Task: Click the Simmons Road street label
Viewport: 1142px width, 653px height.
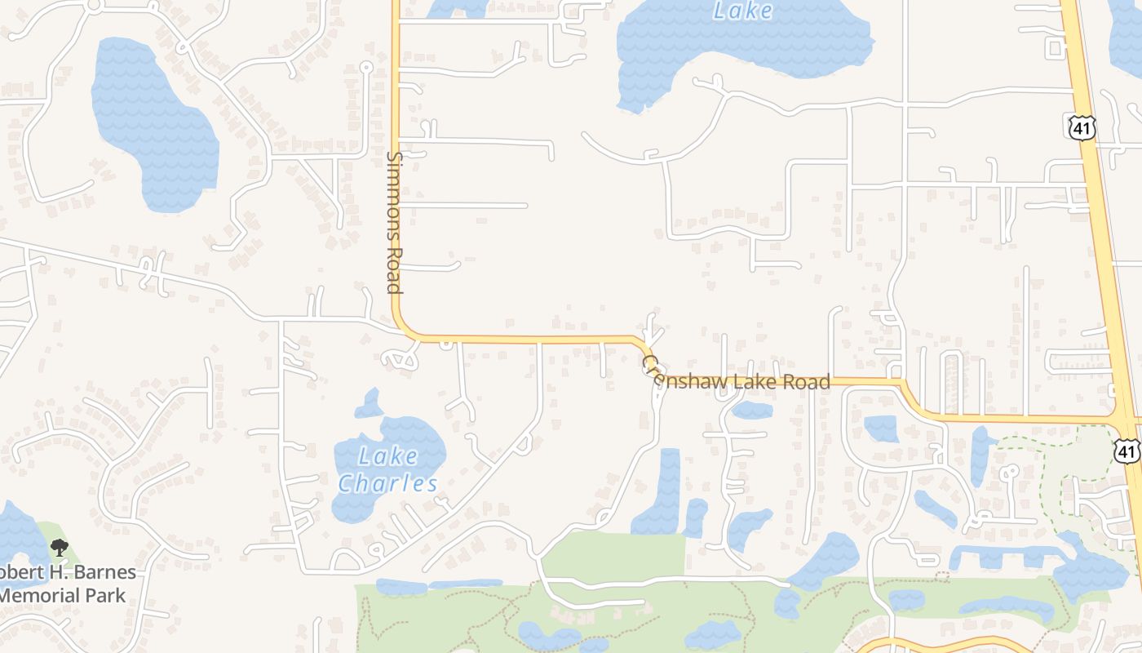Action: pos(394,222)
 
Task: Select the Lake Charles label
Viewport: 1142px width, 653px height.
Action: pos(388,469)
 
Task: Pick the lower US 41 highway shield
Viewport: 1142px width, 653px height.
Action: pos(1127,451)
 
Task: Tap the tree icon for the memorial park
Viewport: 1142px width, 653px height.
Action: pos(59,548)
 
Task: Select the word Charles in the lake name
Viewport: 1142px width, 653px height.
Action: pos(388,483)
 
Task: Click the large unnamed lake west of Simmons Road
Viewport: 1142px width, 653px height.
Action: pos(155,122)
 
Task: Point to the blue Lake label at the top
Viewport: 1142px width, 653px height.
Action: pos(742,11)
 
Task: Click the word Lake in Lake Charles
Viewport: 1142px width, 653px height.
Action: pos(388,455)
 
